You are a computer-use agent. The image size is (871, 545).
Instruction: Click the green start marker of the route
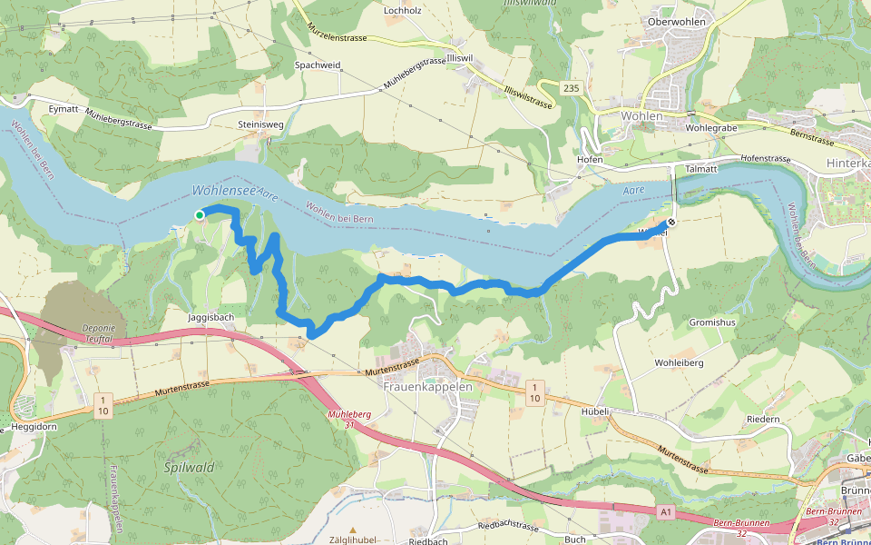200,214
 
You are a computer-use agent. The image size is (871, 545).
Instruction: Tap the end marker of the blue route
672,223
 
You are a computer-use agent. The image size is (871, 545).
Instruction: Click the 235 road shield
570,87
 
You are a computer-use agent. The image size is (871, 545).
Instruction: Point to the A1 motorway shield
667,513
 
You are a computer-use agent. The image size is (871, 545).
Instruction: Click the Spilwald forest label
190,467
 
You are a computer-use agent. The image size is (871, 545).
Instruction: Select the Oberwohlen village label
677,22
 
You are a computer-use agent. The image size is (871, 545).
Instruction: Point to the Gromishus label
712,322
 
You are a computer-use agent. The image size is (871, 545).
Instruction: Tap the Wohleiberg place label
679,362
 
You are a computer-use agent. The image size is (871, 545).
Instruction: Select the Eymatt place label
64,108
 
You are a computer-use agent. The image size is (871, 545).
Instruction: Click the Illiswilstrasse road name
527,97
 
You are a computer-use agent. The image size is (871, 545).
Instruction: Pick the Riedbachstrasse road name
507,528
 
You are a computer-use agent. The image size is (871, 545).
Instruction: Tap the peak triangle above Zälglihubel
354,530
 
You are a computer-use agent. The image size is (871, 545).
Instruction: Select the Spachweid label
318,65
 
